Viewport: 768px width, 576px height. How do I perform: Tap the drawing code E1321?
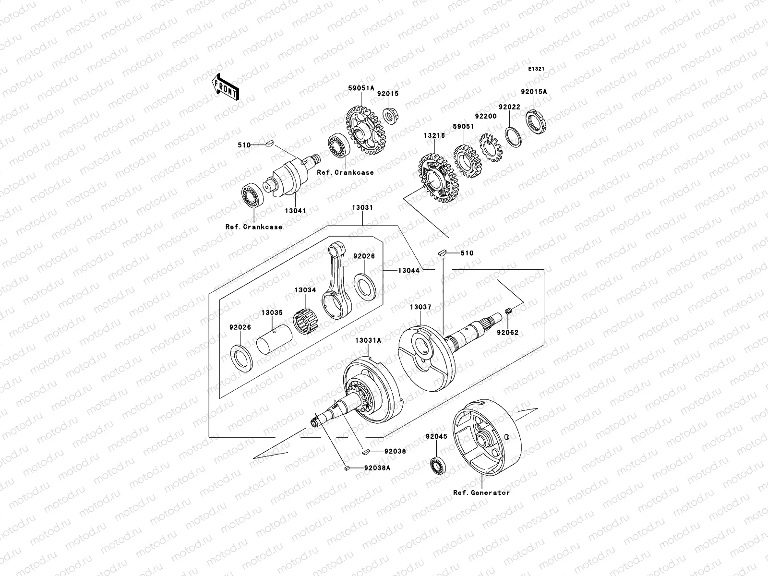point(536,69)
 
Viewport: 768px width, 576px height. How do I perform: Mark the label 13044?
point(408,271)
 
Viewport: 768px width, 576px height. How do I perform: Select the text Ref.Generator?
point(481,492)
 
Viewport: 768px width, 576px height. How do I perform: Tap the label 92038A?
point(377,467)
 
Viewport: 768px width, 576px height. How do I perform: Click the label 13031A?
point(368,340)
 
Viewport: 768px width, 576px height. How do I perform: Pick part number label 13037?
point(420,306)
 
